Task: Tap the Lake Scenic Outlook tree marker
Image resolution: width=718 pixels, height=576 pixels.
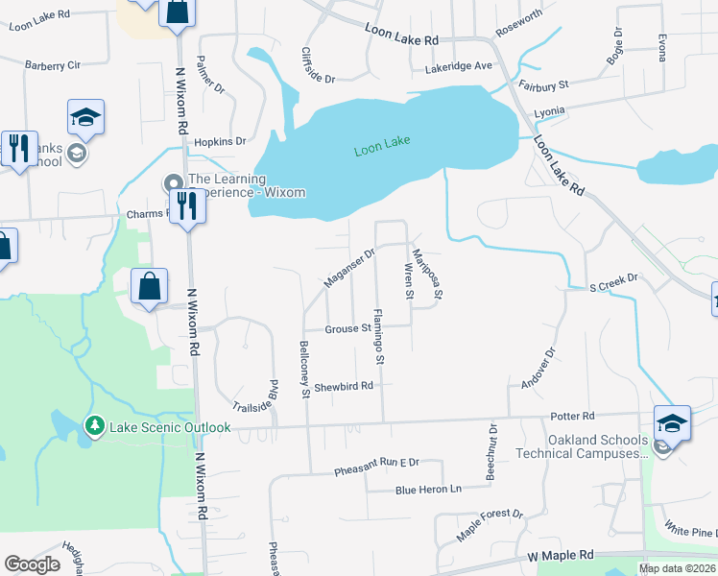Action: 94,425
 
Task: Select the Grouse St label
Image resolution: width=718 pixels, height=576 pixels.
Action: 347,328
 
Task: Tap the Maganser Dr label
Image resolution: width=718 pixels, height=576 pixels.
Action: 348,268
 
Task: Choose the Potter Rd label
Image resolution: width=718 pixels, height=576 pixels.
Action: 573,416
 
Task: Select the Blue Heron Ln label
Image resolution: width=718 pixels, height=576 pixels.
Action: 428,490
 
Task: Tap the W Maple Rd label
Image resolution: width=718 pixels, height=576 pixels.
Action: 561,556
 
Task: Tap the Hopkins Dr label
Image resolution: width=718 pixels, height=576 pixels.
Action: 214,141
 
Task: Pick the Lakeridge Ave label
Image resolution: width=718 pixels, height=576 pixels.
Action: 459,66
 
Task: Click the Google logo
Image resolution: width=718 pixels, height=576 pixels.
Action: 32,564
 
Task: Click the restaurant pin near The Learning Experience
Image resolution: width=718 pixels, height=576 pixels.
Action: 186,204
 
